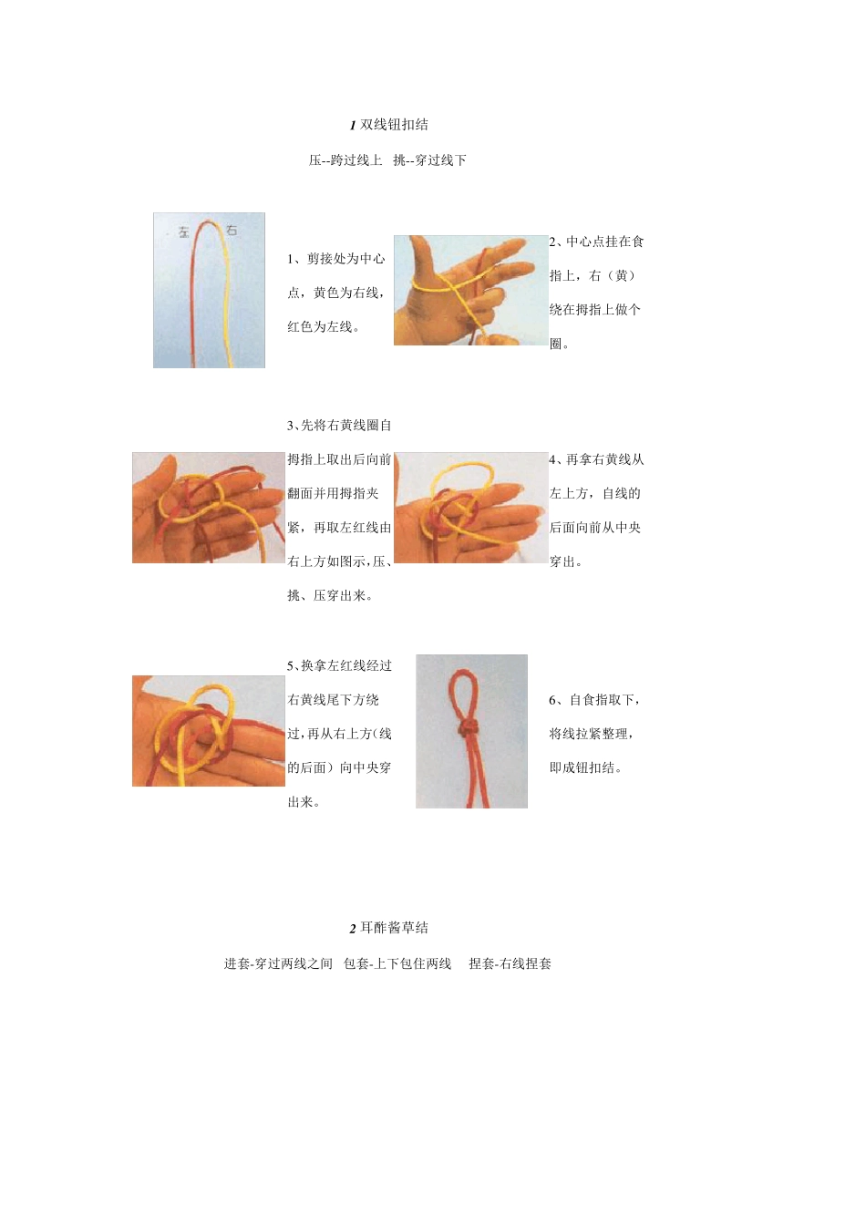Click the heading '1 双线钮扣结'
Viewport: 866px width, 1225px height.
[389, 125]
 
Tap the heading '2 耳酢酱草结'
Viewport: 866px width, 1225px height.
[389, 928]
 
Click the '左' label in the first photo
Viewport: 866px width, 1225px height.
[183, 232]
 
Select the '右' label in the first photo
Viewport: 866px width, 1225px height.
[232, 230]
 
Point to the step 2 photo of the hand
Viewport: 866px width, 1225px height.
[470, 290]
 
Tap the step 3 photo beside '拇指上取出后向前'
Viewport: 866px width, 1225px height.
[209, 508]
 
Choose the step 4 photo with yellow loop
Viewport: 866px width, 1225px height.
[470, 508]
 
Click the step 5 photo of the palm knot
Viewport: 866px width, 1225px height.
[209, 731]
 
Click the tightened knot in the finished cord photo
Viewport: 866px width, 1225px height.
[468, 728]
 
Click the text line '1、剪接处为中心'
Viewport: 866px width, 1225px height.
[336, 259]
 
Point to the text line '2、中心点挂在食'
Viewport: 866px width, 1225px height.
[596, 242]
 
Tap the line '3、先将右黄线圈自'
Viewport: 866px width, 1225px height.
[339, 426]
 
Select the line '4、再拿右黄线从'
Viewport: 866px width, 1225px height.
[596, 459]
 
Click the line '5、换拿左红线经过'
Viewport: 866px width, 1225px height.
[339, 666]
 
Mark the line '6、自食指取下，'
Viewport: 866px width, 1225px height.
[594, 700]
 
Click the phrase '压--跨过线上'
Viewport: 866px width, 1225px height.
[345, 160]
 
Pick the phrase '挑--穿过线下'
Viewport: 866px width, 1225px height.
[429, 160]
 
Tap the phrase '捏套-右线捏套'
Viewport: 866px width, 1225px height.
[510, 963]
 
